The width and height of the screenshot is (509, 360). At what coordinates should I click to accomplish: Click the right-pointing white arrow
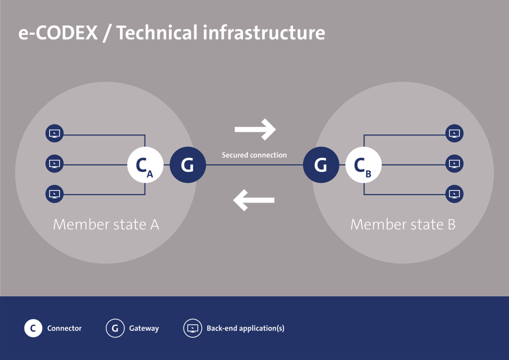[x=255, y=130]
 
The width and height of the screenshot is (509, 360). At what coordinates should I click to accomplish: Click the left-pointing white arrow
[x=254, y=200]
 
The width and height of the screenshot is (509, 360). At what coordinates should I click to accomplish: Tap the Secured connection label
[x=254, y=155]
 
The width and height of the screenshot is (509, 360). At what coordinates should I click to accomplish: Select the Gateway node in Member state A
[x=187, y=166]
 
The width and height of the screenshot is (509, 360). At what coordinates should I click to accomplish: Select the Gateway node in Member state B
[x=321, y=166]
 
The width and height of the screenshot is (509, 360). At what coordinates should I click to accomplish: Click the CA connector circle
[x=145, y=166]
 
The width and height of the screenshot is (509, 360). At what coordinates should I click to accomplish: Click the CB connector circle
[x=363, y=166]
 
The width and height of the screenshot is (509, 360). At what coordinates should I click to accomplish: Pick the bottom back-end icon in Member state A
[x=54, y=194]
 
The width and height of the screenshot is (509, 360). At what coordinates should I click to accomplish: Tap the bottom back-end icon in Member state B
[x=455, y=194]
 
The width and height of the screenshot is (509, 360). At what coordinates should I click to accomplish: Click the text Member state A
[x=106, y=225]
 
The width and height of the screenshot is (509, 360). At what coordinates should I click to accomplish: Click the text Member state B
[x=403, y=225]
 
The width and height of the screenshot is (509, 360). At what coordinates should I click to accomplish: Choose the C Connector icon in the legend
[x=33, y=328]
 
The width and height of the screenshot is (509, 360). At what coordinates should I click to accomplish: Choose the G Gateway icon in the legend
[x=115, y=328]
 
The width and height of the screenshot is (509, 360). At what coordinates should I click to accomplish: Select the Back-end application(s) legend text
[x=245, y=328]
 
